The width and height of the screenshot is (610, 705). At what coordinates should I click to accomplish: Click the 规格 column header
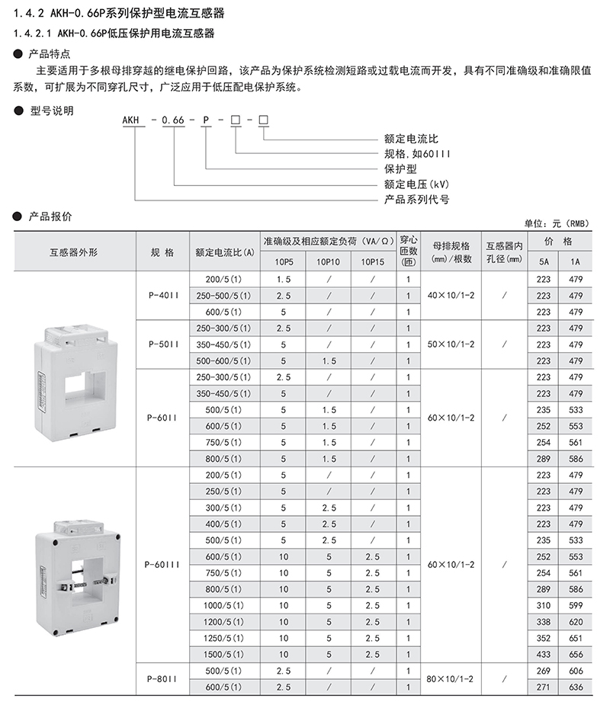(x=162, y=252)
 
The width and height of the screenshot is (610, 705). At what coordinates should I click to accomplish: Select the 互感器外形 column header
(x=74, y=252)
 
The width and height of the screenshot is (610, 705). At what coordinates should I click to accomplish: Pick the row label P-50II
(x=162, y=344)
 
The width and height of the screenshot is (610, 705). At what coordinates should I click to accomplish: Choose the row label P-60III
(x=162, y=566)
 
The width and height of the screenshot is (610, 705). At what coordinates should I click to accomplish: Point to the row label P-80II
(x=162, y=678)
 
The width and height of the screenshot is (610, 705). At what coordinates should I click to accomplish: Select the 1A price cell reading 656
(x=576, y=654)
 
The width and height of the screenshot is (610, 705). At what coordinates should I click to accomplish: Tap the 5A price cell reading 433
(x=543, y=654)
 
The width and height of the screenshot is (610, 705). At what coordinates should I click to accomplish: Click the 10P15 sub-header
(x=372, y=261)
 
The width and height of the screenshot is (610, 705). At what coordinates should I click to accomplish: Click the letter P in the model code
(x=206, y=121)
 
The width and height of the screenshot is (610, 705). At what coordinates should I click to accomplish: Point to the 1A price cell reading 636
(x=576, y=687)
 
